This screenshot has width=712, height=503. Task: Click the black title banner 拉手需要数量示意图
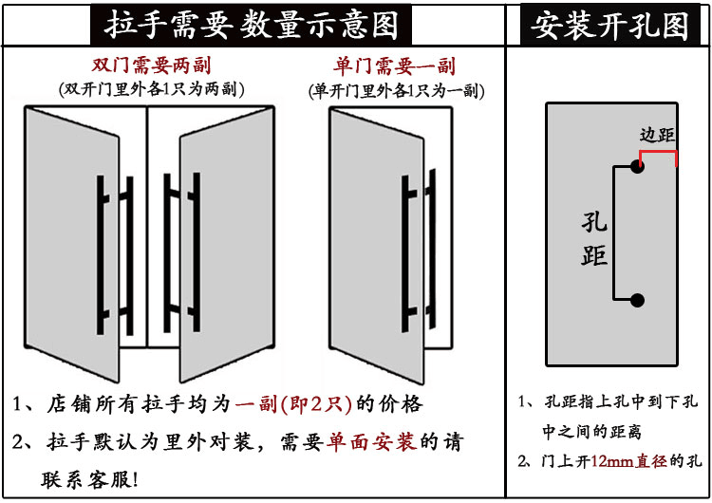[x=251, y=25]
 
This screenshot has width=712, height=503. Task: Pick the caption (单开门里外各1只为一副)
[x=395, y=91]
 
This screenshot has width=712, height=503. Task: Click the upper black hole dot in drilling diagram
[x=637, y=166]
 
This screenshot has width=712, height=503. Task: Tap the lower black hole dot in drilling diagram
[x=637, y=301]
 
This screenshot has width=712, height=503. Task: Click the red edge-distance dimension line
[x=657, y=152]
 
